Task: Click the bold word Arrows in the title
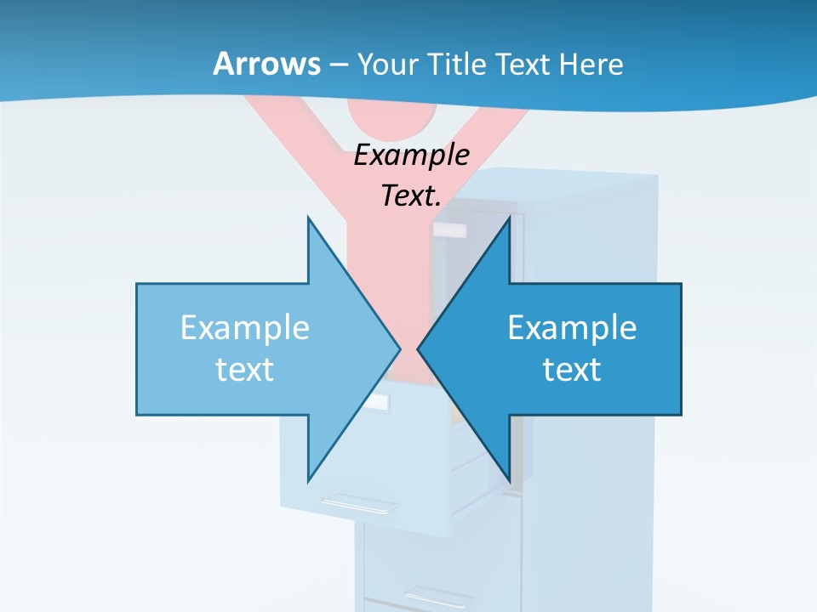(x=267, y=65)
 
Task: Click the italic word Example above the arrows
(x=412, y=156)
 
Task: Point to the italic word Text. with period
(x=412, y=195)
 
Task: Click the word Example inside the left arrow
(x=245, y=328)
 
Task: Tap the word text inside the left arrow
(x=245, y=370)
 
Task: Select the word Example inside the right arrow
(x=572, y=328)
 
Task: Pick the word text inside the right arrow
(x=572, y=370)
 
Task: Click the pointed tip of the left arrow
(x=399, y=348)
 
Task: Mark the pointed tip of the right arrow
(x=419, y=348)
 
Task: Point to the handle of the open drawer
(x=358, y=502)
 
